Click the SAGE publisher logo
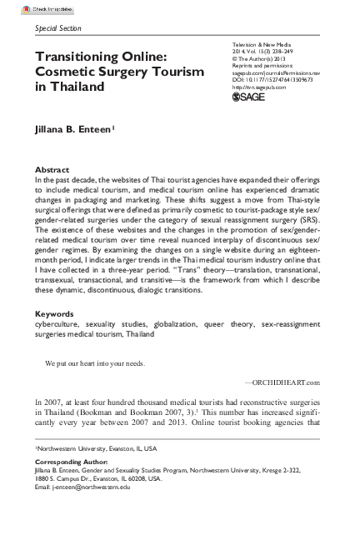[247, 97]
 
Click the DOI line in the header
[272, 79]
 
